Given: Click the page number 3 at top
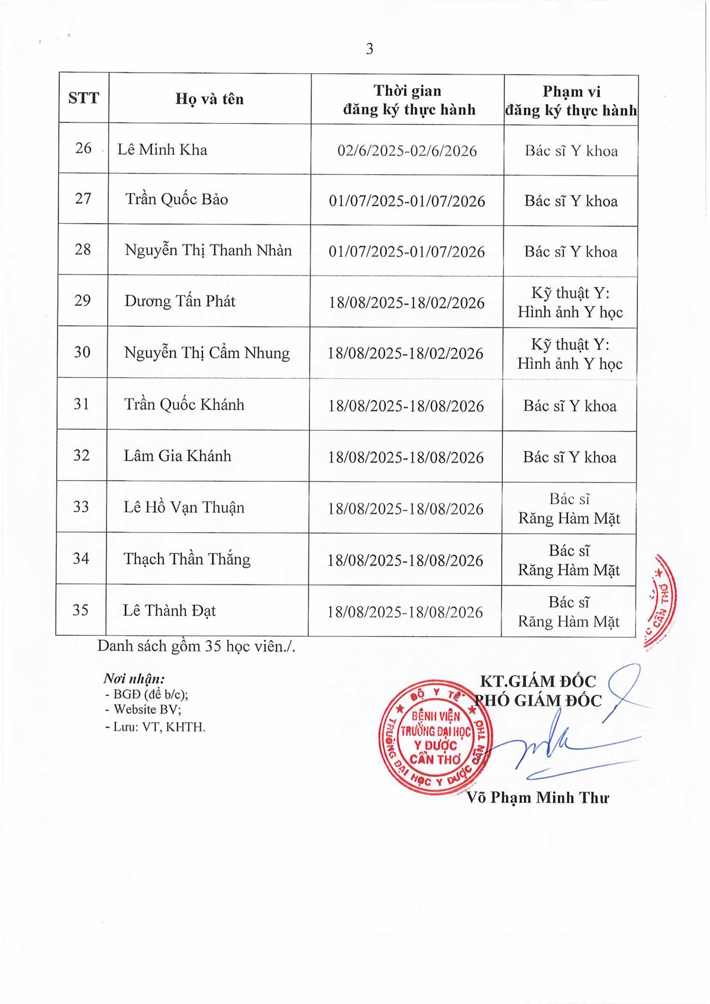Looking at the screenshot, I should click(x=370, y=49).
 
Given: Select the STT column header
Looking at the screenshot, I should click(x=83, y=98).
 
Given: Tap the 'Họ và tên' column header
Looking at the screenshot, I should click(x=209, y=99).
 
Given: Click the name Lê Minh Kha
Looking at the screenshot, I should click(x=162, y=150).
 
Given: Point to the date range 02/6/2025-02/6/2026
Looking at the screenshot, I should click(x=407, y=151).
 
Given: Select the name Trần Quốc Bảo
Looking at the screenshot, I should click(x=176, y=199).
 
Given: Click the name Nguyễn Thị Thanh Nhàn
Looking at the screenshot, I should click(x=208, y=250).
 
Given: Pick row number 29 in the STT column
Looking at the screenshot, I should click(x=82, y=301).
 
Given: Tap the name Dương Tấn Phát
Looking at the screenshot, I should click(x=179, y=301).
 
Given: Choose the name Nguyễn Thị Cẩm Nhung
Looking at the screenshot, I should click(x=206, y=353).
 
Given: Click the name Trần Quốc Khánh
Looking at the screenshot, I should click(x=184, y=405).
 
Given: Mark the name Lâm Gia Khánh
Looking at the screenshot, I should click(x=177, y=456).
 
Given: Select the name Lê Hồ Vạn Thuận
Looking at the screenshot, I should click(x=183, y=507).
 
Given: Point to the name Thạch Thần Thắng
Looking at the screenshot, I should click(x=186, y=559).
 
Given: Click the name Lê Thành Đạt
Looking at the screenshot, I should click(x=169, y=610).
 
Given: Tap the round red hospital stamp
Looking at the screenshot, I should click(x=435, y=737).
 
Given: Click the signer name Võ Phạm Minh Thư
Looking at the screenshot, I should click(x=537, y=798).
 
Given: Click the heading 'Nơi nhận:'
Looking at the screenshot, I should click(x=134, y=679).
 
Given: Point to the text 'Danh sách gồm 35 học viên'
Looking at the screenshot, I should click(x=196, y=646).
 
